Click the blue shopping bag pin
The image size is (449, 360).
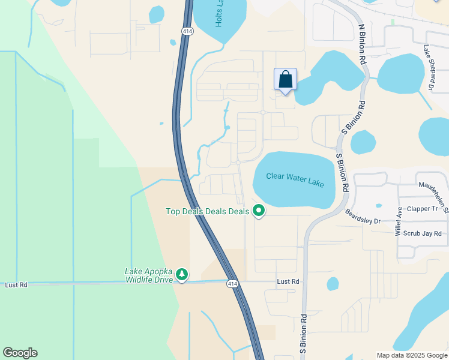pyautogui.click(x=285, y=80)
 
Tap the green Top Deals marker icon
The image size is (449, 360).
pyautogui.click(x=259, y=211)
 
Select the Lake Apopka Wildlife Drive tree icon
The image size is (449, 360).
pyautogui.click(x=182, y=274)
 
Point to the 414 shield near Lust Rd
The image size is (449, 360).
pyautogui.click(x=232, y=283)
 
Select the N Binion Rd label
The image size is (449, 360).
pyautogui.click(x=362, y=44)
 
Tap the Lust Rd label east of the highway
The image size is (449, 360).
pyautogui.click(x=288, y=281)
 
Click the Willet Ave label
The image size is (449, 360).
pyautogui.click(x=398, y=221)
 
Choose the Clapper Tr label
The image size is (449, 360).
pyautogui.click(x=423, y=209)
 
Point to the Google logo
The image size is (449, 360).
pyautogui.click(x=20, y=353)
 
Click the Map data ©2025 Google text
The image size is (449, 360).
pyautogui.click(x=411, y=355)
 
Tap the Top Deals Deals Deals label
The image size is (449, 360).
pyautogui.click(x=207, y=211)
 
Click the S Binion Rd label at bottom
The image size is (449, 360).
pyautogui.click(x=303, y=334)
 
